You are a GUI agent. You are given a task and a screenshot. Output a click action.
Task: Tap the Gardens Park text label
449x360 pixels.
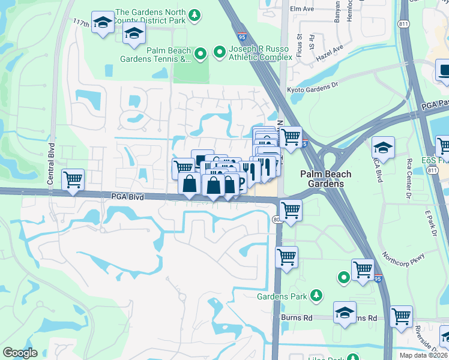tap(282, 296)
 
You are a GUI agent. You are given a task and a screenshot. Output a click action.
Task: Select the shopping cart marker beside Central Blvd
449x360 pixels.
tap(73, 179)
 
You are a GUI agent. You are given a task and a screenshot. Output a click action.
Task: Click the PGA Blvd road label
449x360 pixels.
tap(127, 196)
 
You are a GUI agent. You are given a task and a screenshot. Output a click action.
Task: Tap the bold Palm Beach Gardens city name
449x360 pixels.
tap(325, 179)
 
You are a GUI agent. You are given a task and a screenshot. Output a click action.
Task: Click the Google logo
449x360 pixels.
tap(20, 353)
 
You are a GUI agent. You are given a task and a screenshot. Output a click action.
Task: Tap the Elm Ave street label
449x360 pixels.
tap(301, 9)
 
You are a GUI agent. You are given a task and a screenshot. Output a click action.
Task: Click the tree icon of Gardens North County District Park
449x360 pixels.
tap(194, 13)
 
